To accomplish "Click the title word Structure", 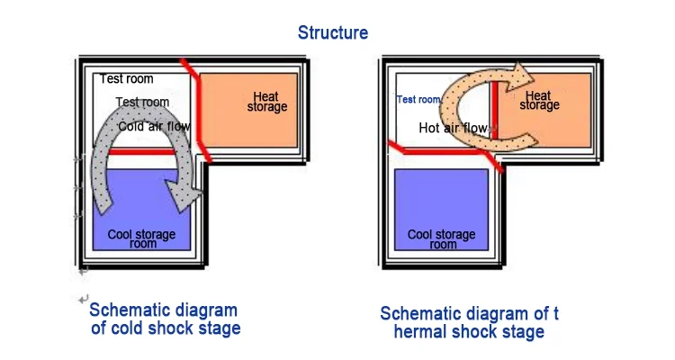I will [x=333, y=32].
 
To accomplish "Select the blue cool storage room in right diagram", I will [x=442, y=209].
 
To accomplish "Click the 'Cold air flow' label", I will [x=154, y=127].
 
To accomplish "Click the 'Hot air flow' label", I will [x=453, y=128].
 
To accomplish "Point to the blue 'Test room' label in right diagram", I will [x=418, y=100].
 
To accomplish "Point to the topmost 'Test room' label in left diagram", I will [x=126, y=79].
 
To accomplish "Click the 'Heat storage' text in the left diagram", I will [x=266, y=102].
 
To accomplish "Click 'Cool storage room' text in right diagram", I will [x=442, y=238].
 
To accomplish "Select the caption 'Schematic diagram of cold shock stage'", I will [x=165, y=319].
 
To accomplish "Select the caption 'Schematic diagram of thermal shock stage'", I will [x=468, y=322].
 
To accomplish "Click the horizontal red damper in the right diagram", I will [x=441, y=148].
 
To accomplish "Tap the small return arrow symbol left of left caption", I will [x=84, y=298].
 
